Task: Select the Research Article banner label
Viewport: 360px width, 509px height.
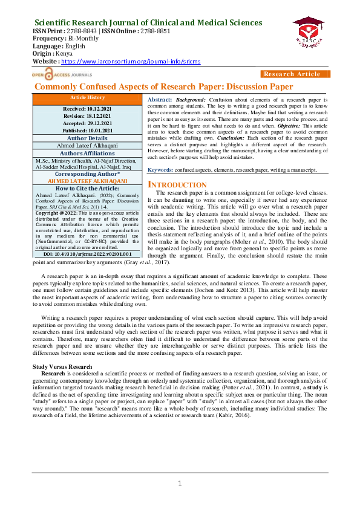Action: pyautogui.click(x=292, y=74)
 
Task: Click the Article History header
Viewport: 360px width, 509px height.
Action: pyautogui.click(x=88, y=97)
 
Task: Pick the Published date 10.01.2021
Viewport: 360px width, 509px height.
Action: pyautogui.click(x=88, y=129)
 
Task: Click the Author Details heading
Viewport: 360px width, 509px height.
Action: pyautogui.click(x=88, y=138)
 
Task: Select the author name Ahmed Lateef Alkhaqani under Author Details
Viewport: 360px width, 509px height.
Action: pyautogui.click(x=88, y=145)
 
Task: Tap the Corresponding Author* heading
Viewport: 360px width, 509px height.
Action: pyautogui.click(x=88, y=173)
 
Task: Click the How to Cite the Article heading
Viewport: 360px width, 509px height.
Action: pyautogui.click(x=88, y=189)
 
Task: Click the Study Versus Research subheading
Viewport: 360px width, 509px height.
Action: pyautogui.click(x=62, y=367)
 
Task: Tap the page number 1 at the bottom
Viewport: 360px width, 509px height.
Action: pyautogui.click(x=180, y=482)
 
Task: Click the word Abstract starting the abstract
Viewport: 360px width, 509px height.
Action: pyautogui.click(x=160, y=99)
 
